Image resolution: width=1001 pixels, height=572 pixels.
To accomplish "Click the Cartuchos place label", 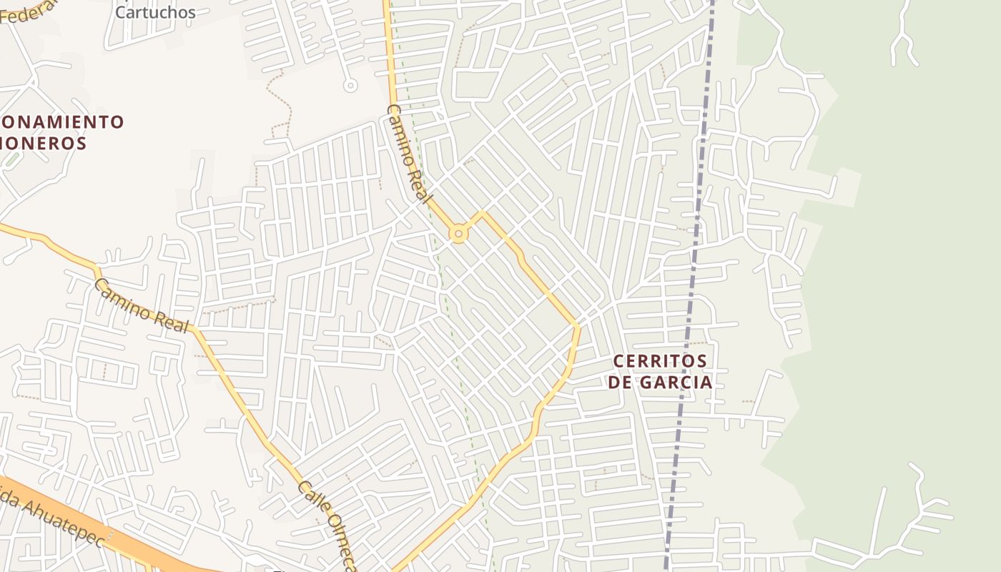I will pos(155,12).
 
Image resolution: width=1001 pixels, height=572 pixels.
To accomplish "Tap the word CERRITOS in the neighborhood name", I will pos(660,361).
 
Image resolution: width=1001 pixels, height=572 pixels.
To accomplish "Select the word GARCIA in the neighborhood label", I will pos(676,383).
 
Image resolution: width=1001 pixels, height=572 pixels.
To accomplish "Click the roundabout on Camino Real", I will pos(458,233).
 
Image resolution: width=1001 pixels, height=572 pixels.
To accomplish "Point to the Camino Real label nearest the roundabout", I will pos(408,154).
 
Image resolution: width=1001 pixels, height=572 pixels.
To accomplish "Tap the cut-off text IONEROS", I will pos(44,143).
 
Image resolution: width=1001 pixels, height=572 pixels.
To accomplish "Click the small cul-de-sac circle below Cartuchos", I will pos(350,86).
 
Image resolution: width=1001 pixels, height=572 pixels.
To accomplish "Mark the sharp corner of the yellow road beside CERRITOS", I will pos(576,326).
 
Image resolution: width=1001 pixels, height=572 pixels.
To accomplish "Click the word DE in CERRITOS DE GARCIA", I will pos(620,383).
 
